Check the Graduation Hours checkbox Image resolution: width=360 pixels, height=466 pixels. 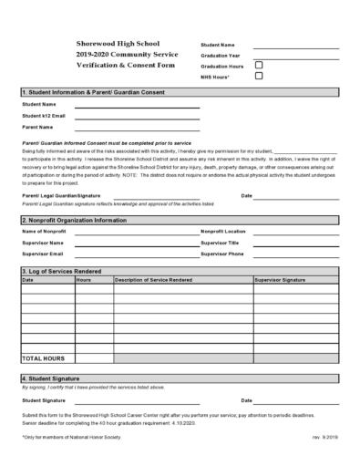[x=259, y=66]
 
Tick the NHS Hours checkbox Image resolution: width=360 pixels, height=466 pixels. [x=259, y=77]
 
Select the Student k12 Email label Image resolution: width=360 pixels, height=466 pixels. [x=44, y=116]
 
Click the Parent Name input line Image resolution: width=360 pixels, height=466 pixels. [x=137, y=129]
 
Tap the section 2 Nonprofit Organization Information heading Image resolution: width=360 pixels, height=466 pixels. [x=75, y=220]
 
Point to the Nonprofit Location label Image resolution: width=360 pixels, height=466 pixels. [x=223, y=232]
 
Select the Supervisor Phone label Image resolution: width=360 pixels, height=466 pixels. [x=222, y=254]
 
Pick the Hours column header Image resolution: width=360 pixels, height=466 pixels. [x=84, y=280]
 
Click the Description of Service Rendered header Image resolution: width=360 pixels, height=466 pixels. [x=154, y=280]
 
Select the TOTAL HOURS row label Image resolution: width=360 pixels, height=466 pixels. [x=42, y=358]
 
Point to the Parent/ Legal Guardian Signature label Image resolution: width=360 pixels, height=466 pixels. [x=61, y=196]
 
